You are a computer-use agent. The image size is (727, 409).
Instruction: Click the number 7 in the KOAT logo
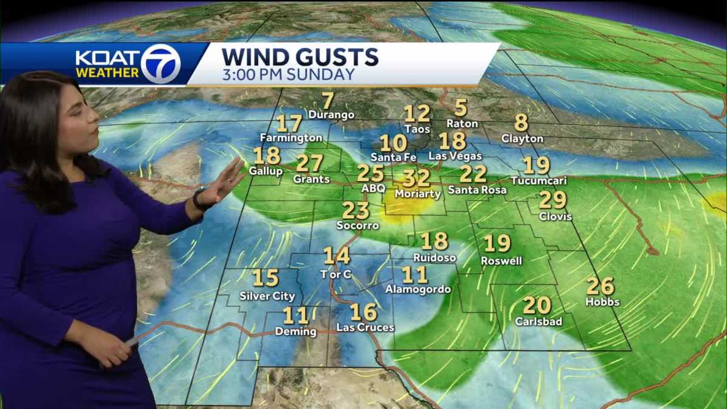click(x=161, y=63)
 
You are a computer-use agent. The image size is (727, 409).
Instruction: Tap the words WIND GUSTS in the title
click(x=300, y=57)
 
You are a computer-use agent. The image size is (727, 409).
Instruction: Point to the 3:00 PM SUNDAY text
click(x=288, y=75)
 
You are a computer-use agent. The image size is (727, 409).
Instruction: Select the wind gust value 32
click(x=416, y=178)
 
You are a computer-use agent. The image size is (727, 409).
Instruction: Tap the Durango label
click(x=331, y=115)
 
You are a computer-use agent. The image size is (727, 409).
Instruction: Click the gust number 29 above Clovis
click(x=552, y=200)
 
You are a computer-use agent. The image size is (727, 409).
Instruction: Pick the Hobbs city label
click(x=602, y=301)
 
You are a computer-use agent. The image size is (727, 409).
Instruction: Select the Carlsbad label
click(x=539, y=321)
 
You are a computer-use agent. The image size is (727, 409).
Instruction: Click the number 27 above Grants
click(x=310, y=163)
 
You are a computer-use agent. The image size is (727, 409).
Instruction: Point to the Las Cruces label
click(x=365, y=328)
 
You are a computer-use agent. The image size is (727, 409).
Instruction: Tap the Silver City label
click(x=267, y=296)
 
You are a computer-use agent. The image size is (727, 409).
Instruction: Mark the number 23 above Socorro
click(x=356, y=210)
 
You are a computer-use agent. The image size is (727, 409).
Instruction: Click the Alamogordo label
click(x=418, y=290)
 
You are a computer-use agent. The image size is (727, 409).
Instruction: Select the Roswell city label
click(x=501, y=261)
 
